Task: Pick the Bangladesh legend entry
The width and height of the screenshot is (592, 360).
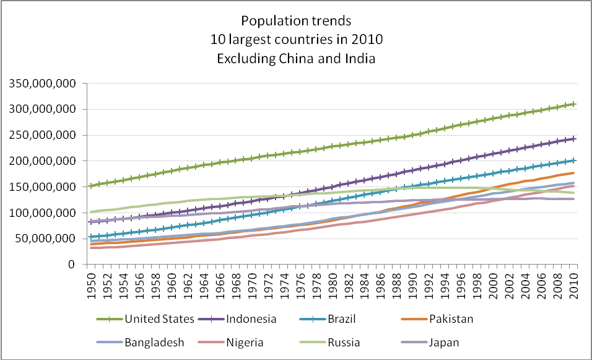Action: (x=154, y=342)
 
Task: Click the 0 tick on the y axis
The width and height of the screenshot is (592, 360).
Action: (x=72, y=265)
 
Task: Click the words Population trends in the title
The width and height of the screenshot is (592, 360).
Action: (x=295, y=22)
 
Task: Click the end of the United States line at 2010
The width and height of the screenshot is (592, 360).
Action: (x=575, y=104)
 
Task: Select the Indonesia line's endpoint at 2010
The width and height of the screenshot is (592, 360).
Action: (x=575, y=138)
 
